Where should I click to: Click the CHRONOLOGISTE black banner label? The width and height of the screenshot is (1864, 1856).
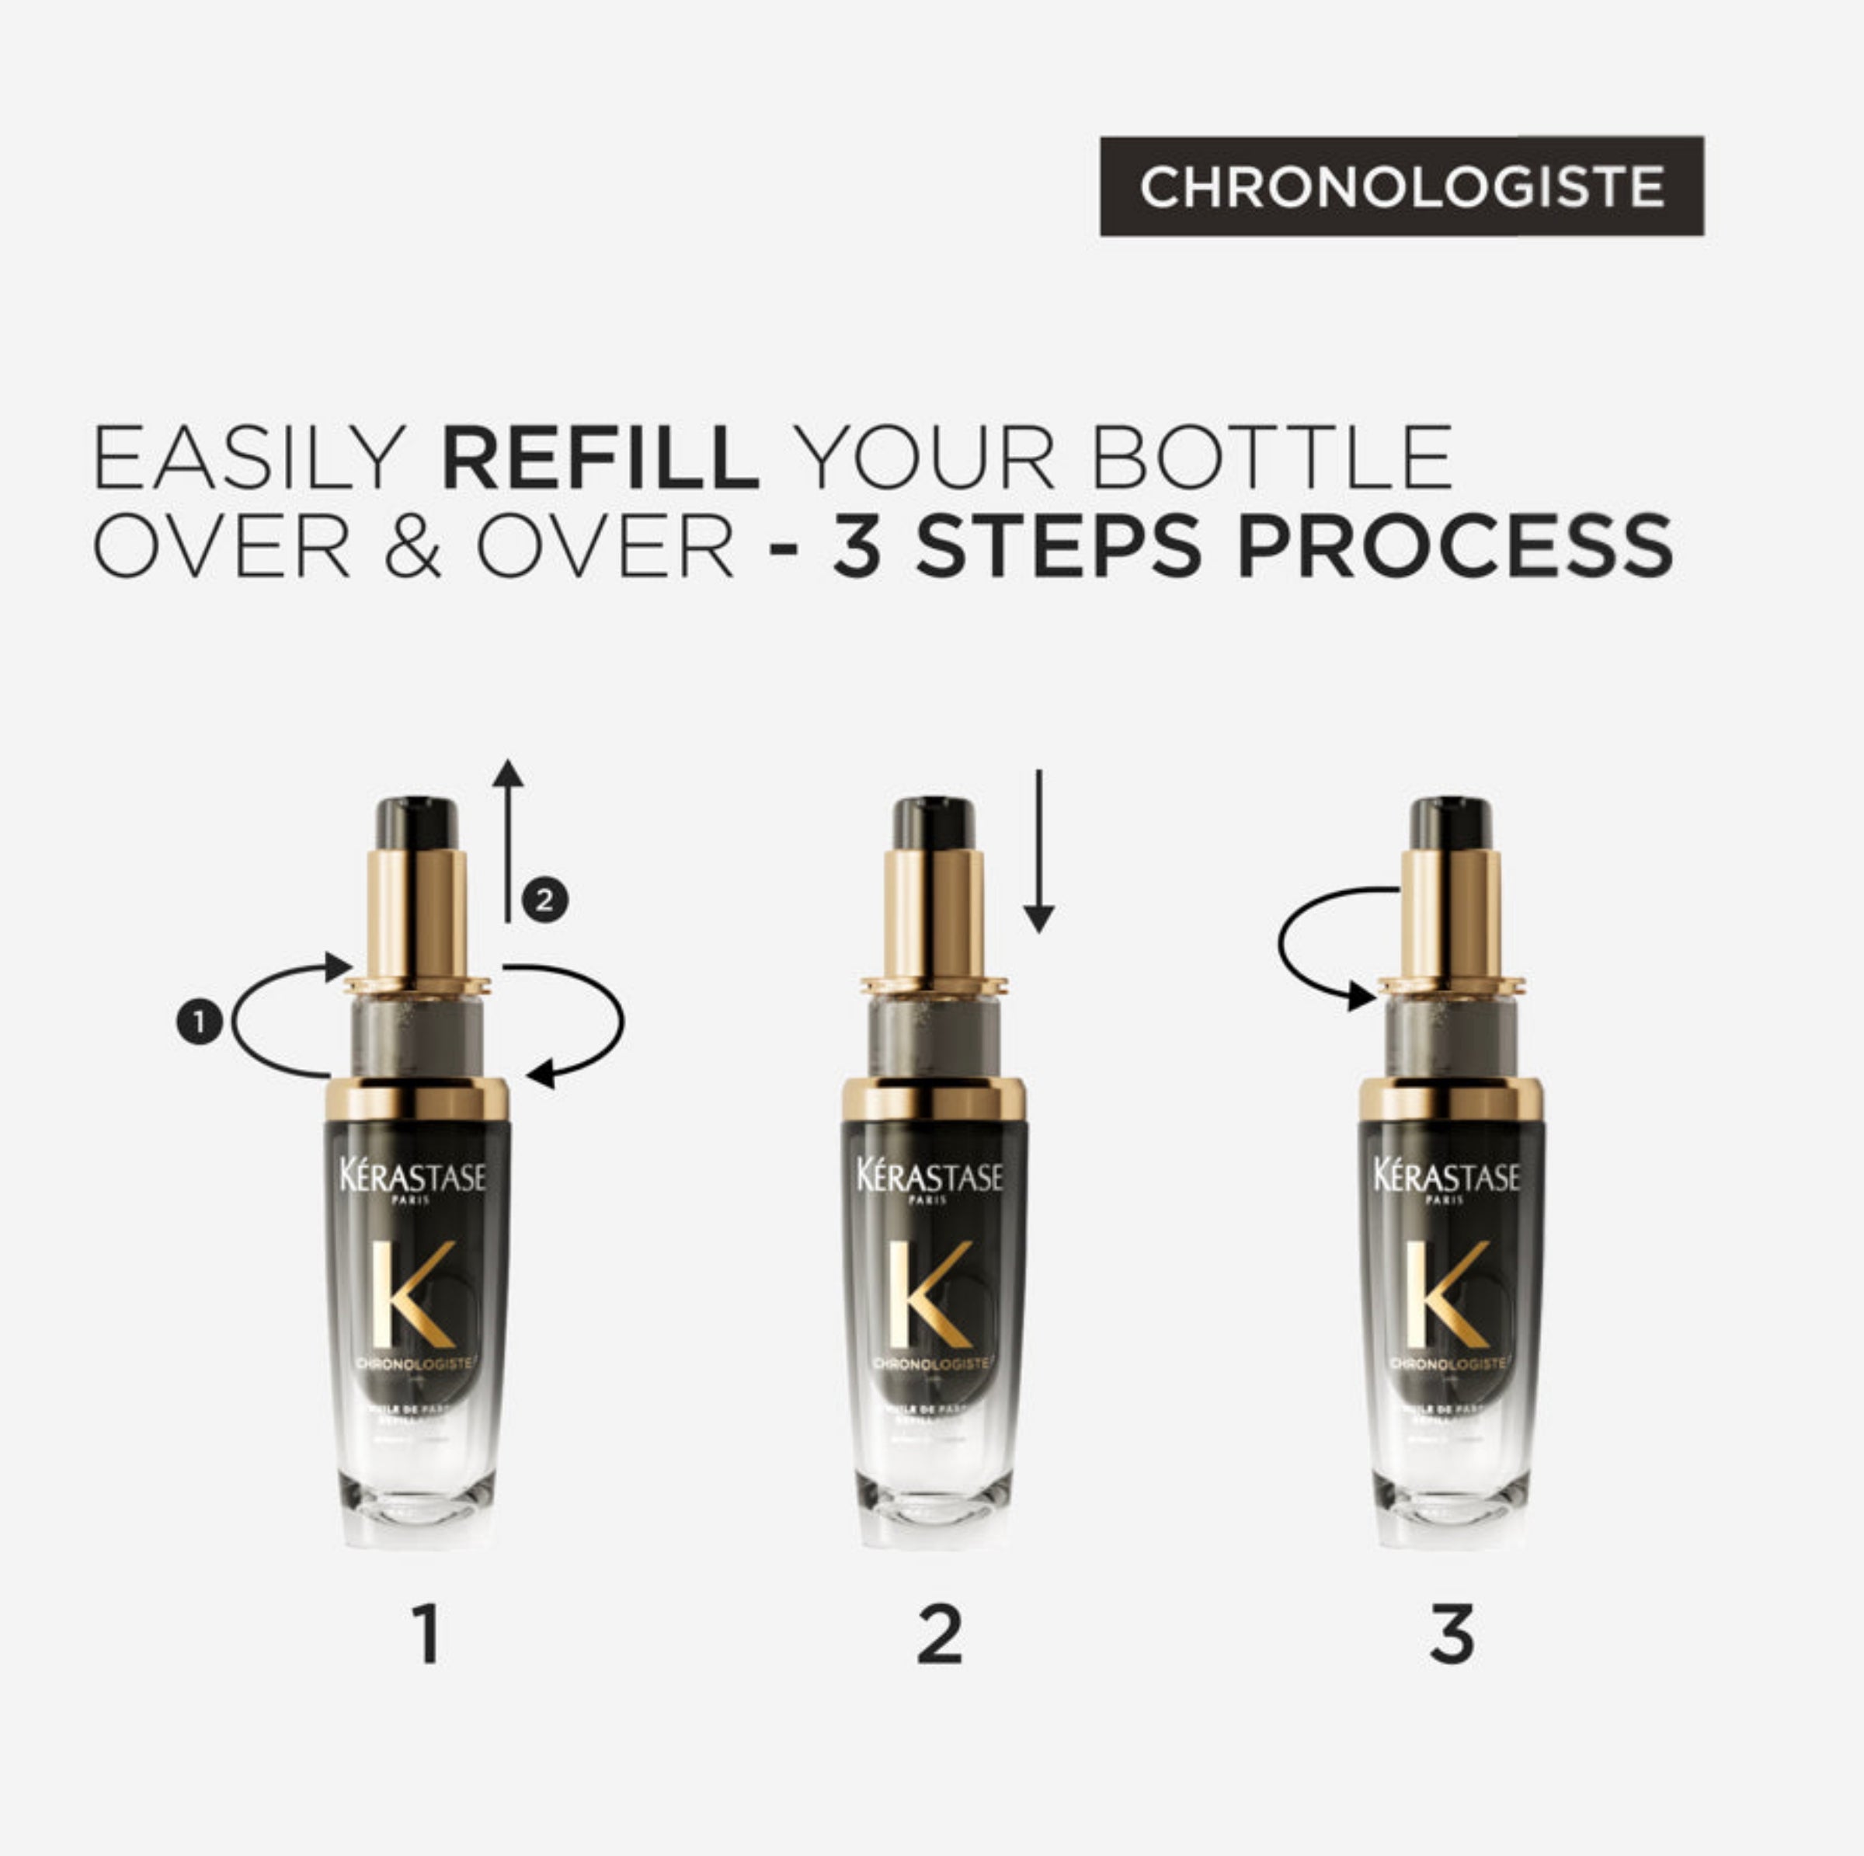1401,186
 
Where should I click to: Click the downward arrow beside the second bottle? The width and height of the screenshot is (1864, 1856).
1038,849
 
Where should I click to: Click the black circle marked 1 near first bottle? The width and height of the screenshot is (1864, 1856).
200,1022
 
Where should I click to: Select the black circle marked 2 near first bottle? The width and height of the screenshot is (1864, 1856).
545,900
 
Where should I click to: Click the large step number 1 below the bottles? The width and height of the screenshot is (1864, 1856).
426,1634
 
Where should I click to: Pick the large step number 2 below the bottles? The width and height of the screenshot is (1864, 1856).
940,1634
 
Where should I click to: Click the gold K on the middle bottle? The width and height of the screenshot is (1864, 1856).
928,1294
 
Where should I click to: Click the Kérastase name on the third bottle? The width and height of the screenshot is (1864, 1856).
1446,1176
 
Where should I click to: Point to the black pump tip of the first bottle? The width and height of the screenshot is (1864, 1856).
417,824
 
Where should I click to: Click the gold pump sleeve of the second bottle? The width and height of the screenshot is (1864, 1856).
933,912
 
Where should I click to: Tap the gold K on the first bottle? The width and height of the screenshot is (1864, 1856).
412,1294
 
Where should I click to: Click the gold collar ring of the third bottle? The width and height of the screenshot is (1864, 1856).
1450,1100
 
